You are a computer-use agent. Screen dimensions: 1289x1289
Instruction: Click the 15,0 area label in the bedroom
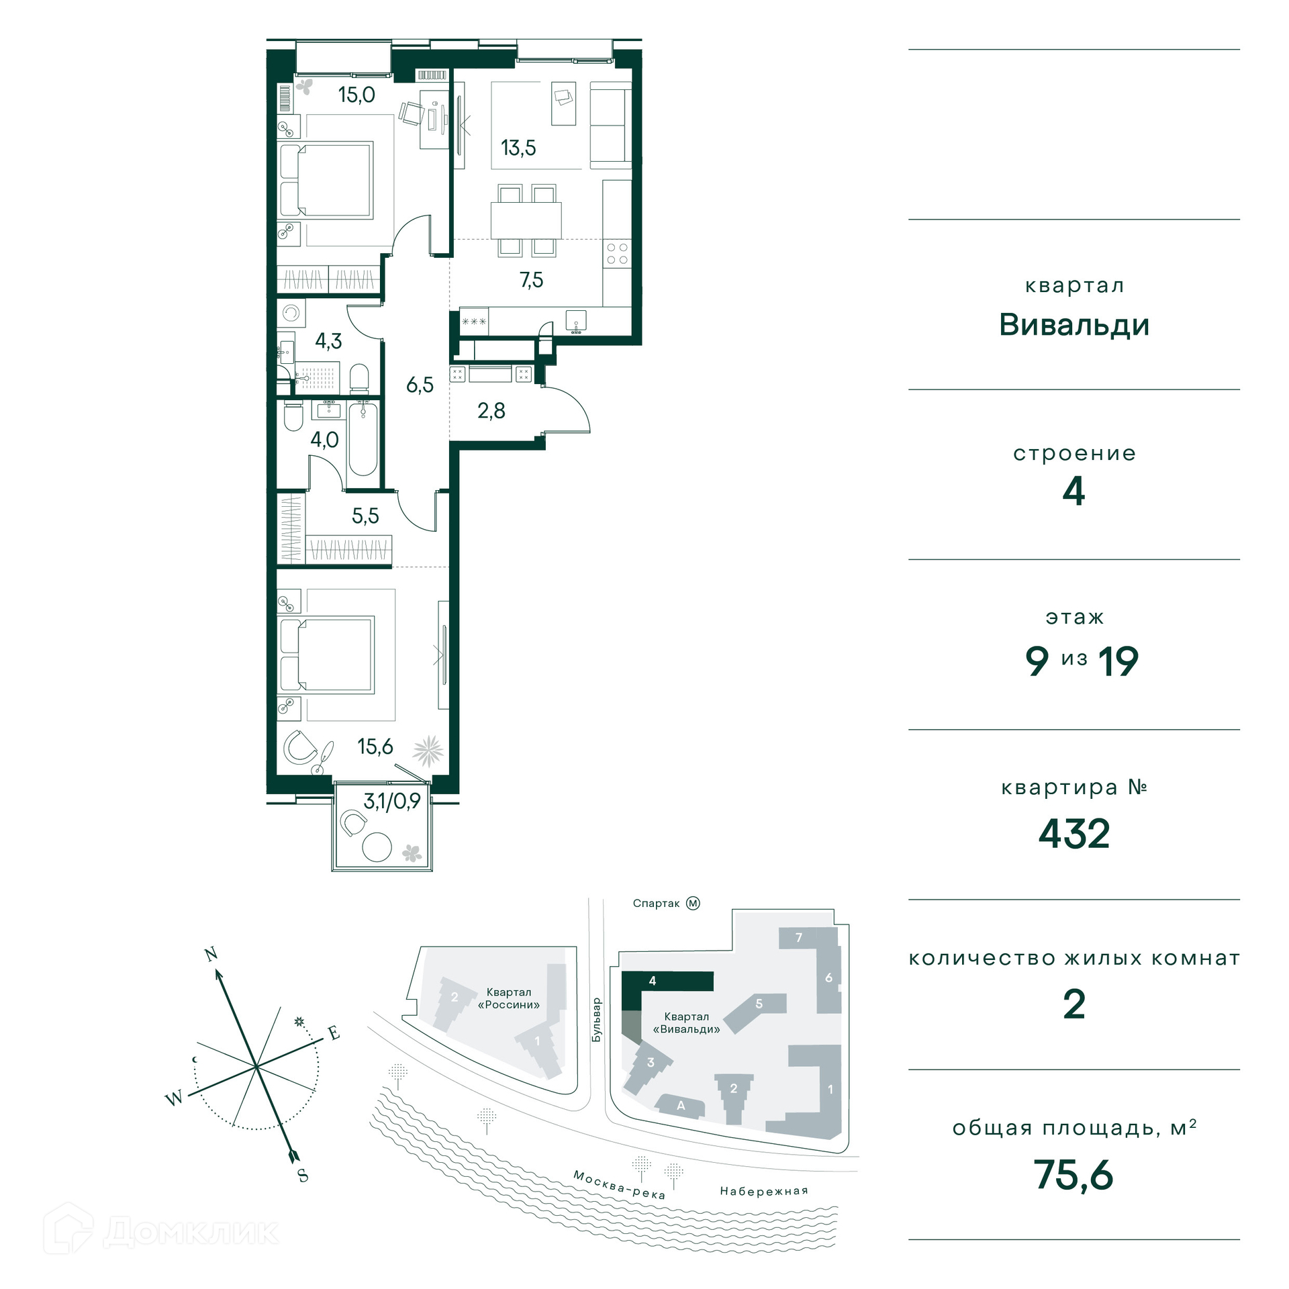coord(356,95)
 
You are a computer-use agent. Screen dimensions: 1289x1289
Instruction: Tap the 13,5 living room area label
coord(518,148)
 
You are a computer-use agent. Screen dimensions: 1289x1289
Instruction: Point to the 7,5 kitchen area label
coord(531,280)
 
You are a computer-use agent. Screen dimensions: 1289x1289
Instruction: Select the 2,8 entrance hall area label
coord(491,410)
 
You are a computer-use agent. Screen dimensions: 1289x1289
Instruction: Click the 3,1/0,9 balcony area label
coord(392,801)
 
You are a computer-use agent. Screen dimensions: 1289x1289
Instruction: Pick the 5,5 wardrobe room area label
coord(365,516)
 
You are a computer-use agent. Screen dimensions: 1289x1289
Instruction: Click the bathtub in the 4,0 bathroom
coord(363,438)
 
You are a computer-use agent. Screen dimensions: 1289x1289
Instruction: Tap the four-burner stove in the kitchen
coord(617,253)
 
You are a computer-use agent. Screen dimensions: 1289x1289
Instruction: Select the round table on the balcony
coord(377,847)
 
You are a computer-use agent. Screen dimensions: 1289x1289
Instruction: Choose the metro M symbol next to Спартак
coord(693,904)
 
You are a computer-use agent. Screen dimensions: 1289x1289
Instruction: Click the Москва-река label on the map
coord(619,1184)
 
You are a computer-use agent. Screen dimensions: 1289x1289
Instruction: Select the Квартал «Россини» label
coord(509,998)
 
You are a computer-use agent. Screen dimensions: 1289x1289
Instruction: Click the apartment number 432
coord(1074,834)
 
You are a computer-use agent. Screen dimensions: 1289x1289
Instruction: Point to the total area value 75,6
coord(1073,1175)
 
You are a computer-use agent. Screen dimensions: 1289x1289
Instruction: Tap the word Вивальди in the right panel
coord(1074,325)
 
